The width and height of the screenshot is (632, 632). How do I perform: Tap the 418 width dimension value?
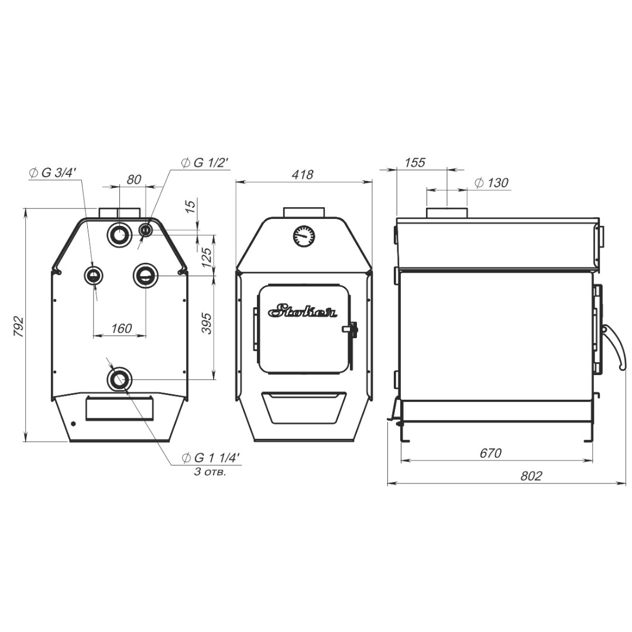[303, 174]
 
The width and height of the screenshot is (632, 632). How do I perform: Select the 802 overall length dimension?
[531, 476]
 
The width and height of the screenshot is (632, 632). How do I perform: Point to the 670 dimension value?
[490, 453]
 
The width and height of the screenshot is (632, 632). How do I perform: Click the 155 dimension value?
[415, 163]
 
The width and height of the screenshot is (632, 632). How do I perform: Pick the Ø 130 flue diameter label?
[492, 183]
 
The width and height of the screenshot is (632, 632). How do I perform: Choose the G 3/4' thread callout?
[52, 173]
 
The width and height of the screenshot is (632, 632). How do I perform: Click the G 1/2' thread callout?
[205, 163]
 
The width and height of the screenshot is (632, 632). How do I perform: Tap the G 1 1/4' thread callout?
[211, 458]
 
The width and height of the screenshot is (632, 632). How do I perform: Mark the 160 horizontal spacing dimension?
[121, 328]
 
